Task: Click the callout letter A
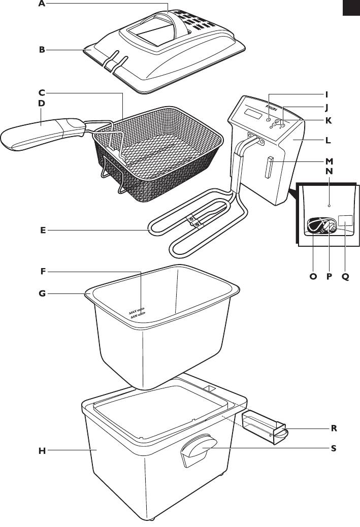click(42, 4)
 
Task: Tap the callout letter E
click(43, 230)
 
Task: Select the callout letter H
click(42, 451)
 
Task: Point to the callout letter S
click(334, 448)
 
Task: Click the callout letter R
click(334, 428)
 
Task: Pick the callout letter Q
click(346, 277)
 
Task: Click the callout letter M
click(329, 161)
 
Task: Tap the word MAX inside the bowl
click(133, 313)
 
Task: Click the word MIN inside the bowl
click(134, 316)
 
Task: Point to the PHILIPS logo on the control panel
click(272, 108)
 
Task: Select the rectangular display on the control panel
click(253, 114)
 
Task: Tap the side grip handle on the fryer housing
click(198, 449)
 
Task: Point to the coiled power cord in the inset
click(318, 225)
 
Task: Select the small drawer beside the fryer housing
click(265, 426)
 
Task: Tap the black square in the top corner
click(351, 8)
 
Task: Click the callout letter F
click(43, 271)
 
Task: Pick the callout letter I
click(326, 95)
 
